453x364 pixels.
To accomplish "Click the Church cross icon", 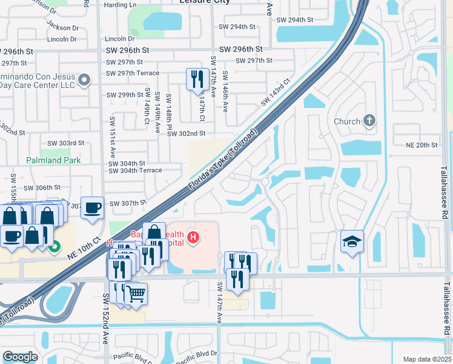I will (x=369, y=121).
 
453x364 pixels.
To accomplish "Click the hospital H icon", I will (x=193, y=237).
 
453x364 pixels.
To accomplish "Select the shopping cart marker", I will (x=136, y=294).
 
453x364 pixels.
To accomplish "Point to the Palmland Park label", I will (x=53, y=160).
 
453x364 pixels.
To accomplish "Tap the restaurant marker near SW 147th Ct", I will (x=197, y=79).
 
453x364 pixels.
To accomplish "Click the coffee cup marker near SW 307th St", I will (x=92, y=207).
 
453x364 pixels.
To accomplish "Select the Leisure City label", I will (x=205, y=2).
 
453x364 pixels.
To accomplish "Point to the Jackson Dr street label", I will (x=62, y=27).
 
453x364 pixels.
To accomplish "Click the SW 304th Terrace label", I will (x=135, y=170).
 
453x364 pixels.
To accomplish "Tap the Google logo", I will (x=20, y=357).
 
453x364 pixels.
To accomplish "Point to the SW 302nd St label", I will (x=187, y=133).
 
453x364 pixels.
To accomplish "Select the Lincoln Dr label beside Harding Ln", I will (x=119, y=39).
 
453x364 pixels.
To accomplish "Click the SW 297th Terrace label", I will (x=132, y=73).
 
